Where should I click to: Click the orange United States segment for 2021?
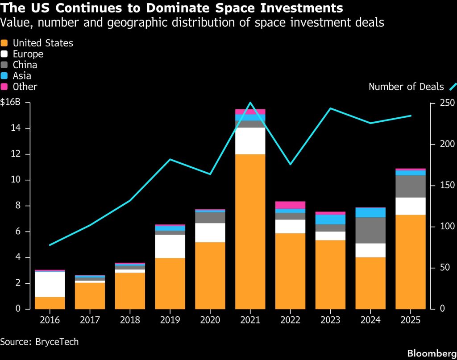click(x=250, y=232)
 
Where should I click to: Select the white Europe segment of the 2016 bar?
click(x=50, y=285)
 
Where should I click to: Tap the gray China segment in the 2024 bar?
click(x=370, y=230)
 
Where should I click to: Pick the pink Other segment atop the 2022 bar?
click(x=290, y=205)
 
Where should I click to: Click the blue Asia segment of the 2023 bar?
click(x=330, y=219)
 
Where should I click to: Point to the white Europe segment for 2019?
click(x=170, y=246)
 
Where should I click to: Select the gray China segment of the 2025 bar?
click(x=411, y=186)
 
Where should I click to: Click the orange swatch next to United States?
click(x=4, y=43)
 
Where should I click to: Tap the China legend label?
click(x=25, y=65)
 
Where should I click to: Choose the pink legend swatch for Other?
click(x=4, y=87)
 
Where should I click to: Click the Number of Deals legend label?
click(x=406, y=87)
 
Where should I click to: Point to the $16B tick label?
click(x=11, y=102)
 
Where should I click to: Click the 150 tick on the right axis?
click(x=447, y=185)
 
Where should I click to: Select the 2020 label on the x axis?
click(x=210, y=320)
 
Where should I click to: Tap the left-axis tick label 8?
click(x=18, y=205)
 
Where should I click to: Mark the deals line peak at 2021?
click(x=250, y=103)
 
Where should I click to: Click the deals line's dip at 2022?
click(x=290, y=164)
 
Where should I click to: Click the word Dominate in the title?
click(x=178, y=8)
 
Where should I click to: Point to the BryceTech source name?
click(x=57, y=342)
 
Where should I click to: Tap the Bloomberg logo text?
click(x=432, y=353)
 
